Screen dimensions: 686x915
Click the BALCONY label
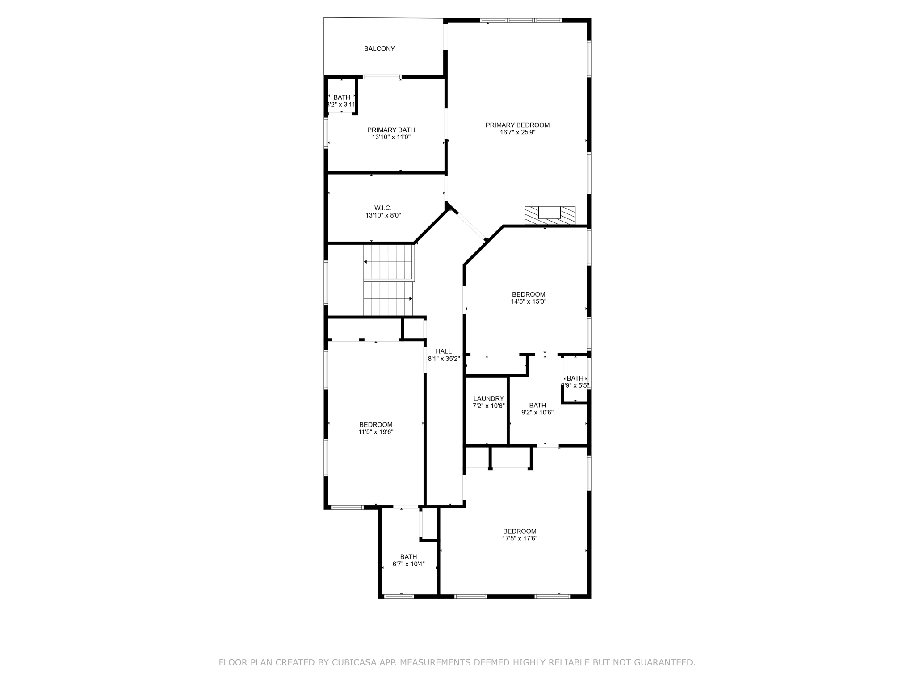379,49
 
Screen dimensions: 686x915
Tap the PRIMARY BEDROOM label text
517,125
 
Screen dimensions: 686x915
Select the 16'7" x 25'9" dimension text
517,133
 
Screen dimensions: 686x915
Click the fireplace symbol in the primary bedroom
550,215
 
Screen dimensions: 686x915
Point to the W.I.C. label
383,208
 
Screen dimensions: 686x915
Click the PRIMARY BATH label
391,130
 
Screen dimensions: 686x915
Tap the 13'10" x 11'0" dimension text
391,138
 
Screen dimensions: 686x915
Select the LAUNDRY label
488,399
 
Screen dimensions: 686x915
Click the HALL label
444,351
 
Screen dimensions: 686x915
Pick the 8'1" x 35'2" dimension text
444,359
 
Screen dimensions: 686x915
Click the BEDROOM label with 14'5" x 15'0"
529,294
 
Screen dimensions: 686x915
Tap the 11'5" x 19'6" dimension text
376,432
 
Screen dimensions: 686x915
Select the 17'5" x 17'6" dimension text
520,539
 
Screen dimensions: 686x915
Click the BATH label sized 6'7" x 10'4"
408,557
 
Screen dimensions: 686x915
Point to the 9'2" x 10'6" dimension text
537,413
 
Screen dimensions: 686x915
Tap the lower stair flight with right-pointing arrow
388,298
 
